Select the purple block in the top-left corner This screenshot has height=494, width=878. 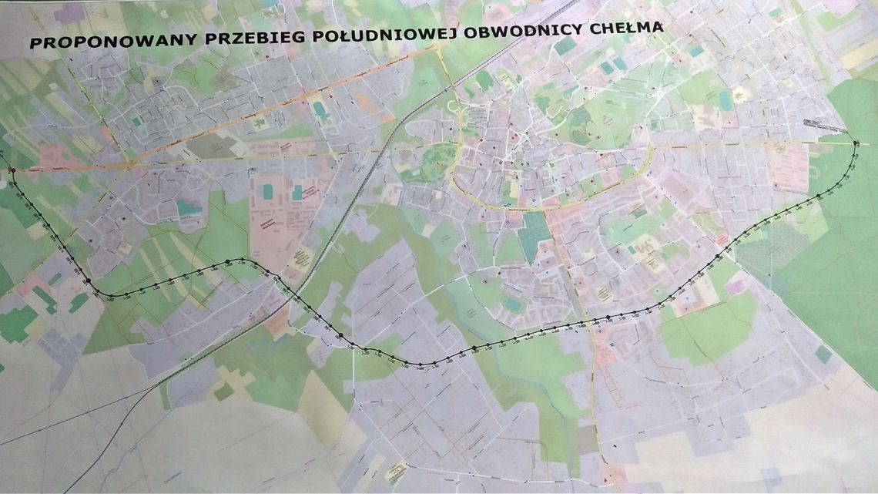(69, 13)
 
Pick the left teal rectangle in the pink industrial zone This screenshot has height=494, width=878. (267, 190)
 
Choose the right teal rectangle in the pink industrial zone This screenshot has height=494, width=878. (297, 193)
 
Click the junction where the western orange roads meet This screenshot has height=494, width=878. (132, 163)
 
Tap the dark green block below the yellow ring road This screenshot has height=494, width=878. (533, 234)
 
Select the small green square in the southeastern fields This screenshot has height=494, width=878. (823, 354)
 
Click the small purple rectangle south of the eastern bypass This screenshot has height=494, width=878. (735, 287)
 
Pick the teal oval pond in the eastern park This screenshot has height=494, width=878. (725, 100)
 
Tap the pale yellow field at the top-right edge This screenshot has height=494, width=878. (860, 53)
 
